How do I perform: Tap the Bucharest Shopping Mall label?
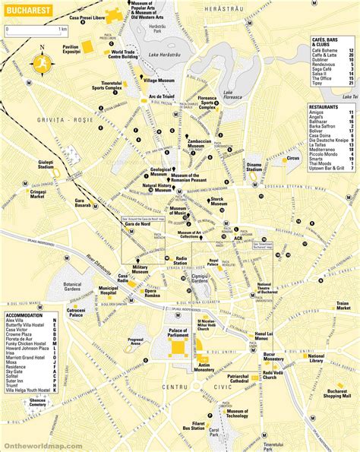click(x=334, y=392)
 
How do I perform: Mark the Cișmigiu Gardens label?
click(x=199, y=278)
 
